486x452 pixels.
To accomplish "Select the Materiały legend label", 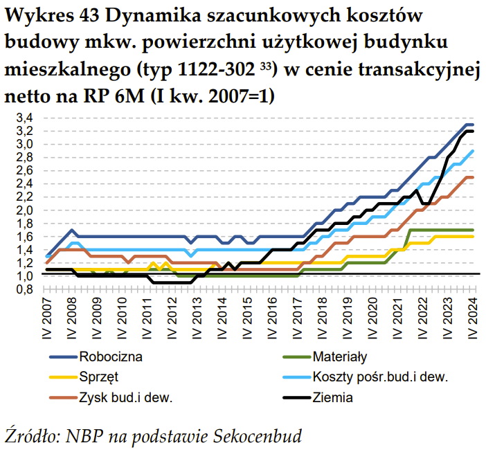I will pyautogui.click(x=339, y=358).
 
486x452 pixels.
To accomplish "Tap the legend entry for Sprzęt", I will pyautogui.click(x=99, y=377).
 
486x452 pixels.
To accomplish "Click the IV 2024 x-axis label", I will pyautogui.click(x=474, y=319).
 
